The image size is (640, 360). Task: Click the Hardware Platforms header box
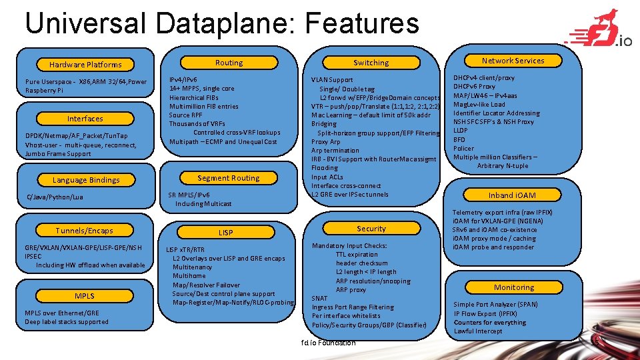85,65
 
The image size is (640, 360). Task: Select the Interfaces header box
85,119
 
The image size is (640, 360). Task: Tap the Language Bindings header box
86,180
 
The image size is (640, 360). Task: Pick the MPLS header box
85,296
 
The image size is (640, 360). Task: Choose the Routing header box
229,63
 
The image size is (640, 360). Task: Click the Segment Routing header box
229,178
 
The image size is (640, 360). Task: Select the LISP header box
226,233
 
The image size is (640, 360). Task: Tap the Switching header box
371,63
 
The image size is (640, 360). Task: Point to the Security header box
371,229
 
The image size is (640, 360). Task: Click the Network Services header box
513,61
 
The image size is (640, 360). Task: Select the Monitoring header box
514,287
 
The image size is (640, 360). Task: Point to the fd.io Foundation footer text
328,343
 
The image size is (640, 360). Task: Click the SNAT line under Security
320,299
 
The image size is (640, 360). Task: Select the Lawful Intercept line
478,331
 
